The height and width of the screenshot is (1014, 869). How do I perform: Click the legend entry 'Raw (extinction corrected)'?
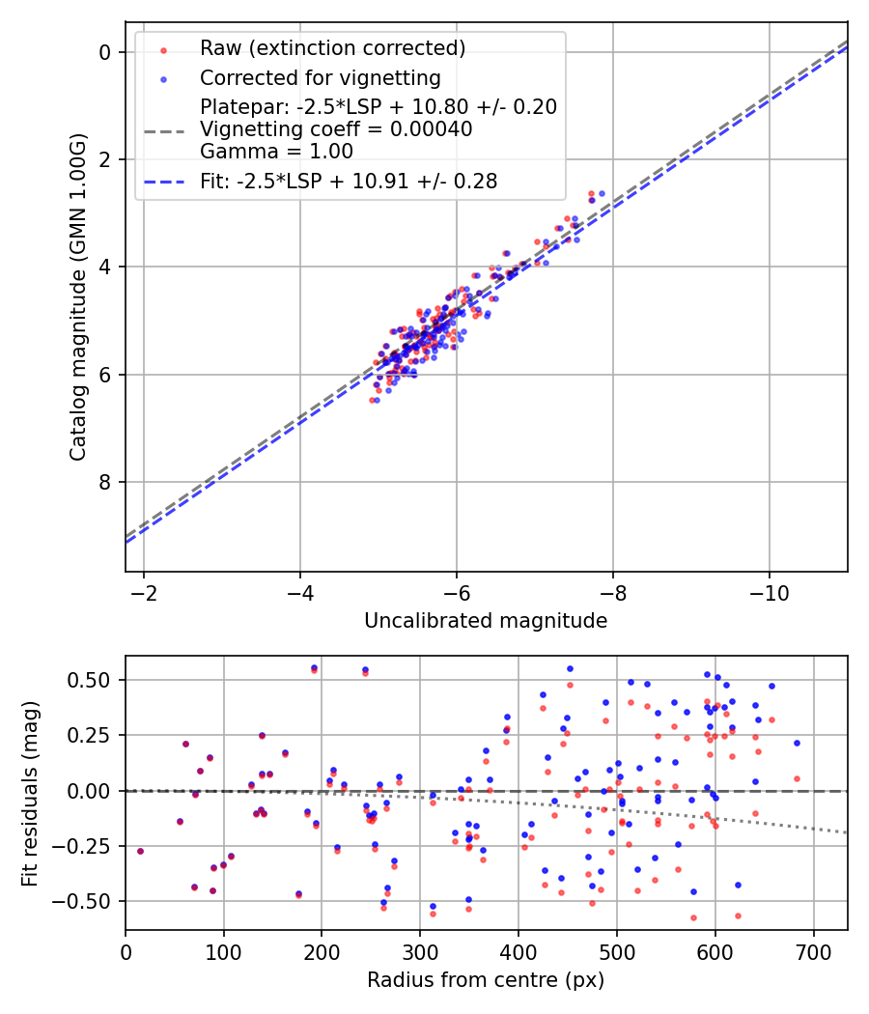point(332,48)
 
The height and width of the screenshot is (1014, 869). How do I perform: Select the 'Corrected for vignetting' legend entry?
point(320,78)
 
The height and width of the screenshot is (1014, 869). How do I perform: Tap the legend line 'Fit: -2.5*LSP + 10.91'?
point(349,182)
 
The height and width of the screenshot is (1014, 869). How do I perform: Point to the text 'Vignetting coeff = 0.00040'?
point(336,129)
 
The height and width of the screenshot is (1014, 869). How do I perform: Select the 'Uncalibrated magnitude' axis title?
point(486,621)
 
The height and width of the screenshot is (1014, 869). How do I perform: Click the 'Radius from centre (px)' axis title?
point(486,980)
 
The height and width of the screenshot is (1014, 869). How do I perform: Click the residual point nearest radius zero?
point(140,851)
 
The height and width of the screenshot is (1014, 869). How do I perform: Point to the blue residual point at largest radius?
point(797,743)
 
